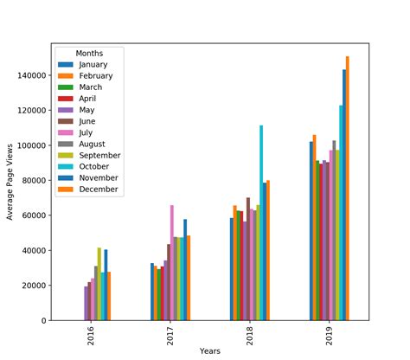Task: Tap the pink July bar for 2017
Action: pos(171,263)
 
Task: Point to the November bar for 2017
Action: pos(185,270)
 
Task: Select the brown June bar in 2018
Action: pos(248,259)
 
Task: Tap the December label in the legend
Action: pos(96,189)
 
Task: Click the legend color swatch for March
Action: pos(66,87)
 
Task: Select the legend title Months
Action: pos(90,53)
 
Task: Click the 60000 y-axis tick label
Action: pos(35,215)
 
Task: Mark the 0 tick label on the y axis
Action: pos(45,321)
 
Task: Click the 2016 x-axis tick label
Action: pos(90,337)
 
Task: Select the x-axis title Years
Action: pos(210,350)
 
